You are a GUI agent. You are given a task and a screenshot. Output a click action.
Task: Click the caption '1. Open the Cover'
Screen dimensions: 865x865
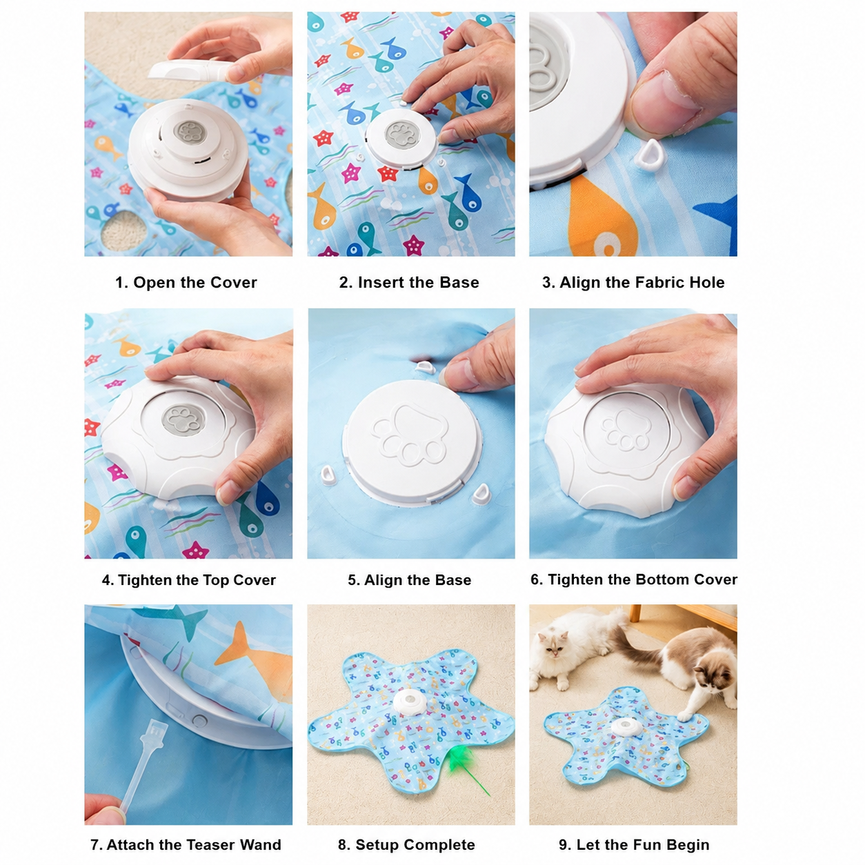(186, 282)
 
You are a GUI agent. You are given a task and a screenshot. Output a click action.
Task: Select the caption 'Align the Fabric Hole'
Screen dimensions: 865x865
(642, 282)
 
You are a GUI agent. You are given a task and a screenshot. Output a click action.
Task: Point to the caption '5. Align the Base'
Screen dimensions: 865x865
(409, 580)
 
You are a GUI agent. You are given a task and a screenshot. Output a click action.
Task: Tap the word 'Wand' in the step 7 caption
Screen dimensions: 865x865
(260, 845)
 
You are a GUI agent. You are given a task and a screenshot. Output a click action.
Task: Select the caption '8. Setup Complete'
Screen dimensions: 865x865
(406, 845)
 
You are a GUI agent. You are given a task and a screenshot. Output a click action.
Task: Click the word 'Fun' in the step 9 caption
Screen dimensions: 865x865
(649, 845)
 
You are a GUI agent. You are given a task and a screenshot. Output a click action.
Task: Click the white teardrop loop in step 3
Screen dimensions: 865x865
(650, 155)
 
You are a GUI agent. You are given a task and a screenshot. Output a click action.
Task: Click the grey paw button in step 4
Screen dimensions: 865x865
(183, 420)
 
